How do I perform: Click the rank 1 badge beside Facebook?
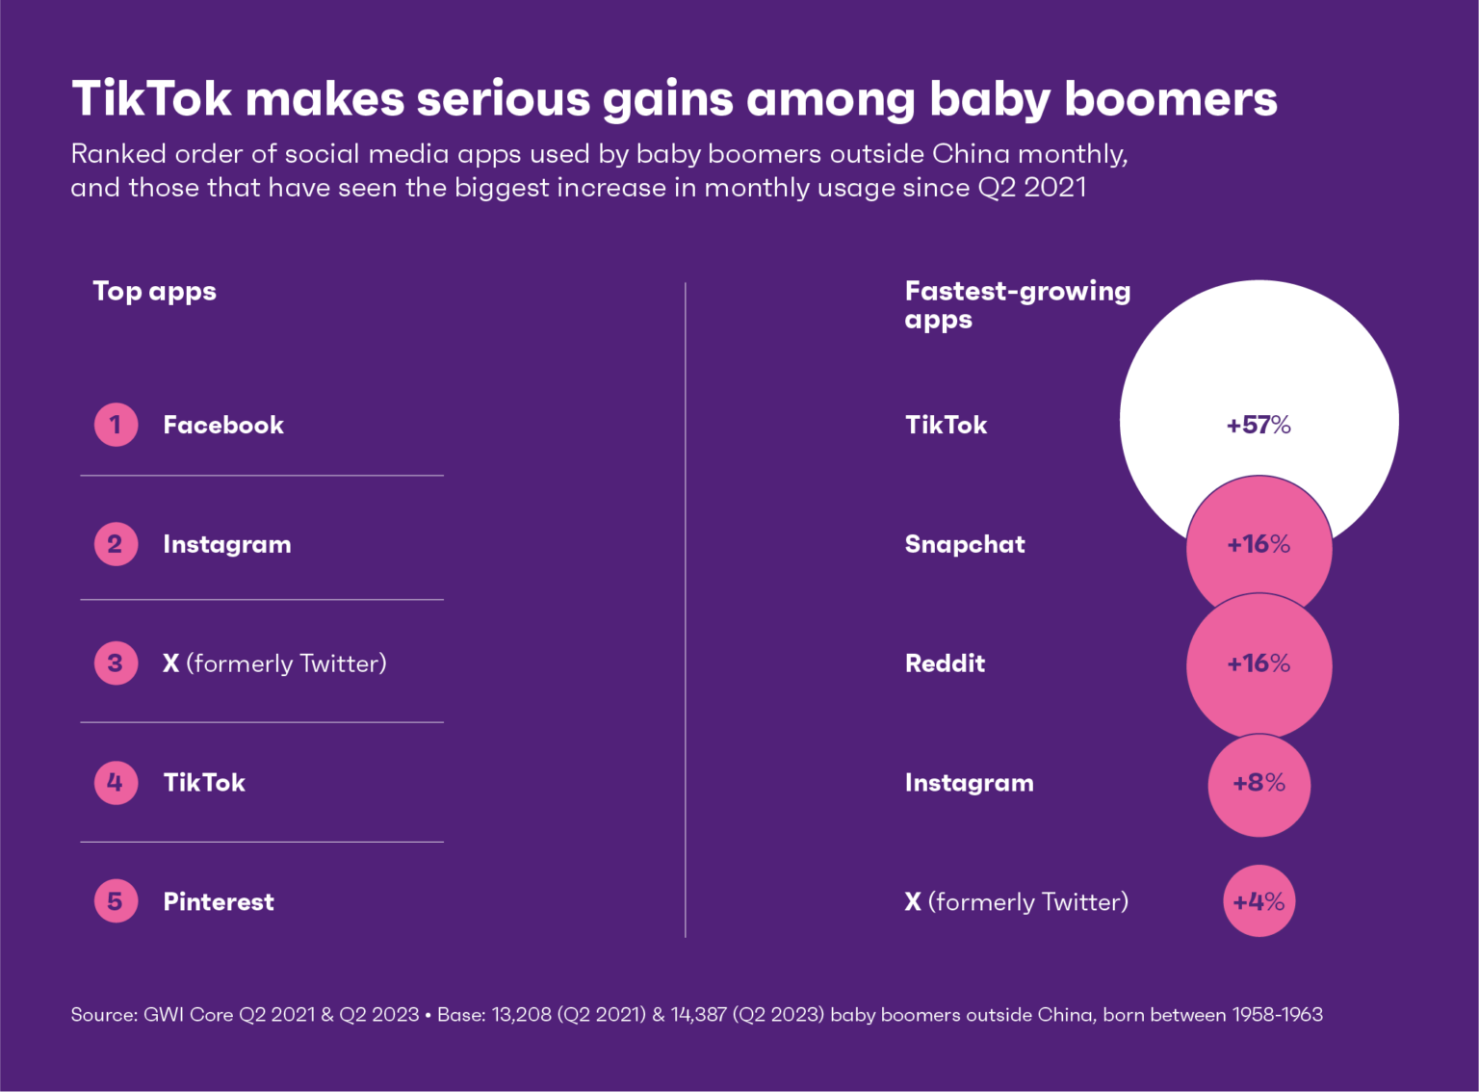[116, 425]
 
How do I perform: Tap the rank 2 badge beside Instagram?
[116, 544]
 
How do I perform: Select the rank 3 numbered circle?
[116, 663]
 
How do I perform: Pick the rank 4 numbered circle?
[116, 782]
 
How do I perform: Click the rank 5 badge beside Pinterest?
[116, 901]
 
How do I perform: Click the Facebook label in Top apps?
[223, 425]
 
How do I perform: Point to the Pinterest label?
[219, 901]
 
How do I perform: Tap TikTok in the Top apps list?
[204, 782]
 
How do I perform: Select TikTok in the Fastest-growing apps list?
[946, 425]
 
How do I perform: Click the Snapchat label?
[965, 544]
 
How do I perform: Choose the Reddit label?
[945, 663]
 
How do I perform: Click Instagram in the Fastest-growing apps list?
[969, 782]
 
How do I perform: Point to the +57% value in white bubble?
[1258, 425]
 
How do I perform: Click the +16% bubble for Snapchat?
[1258, 544]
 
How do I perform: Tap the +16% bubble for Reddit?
[1258, 663]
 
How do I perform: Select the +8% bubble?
[1258, 783]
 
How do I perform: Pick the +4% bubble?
[1258, 901]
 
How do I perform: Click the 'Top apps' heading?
[154, 291]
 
